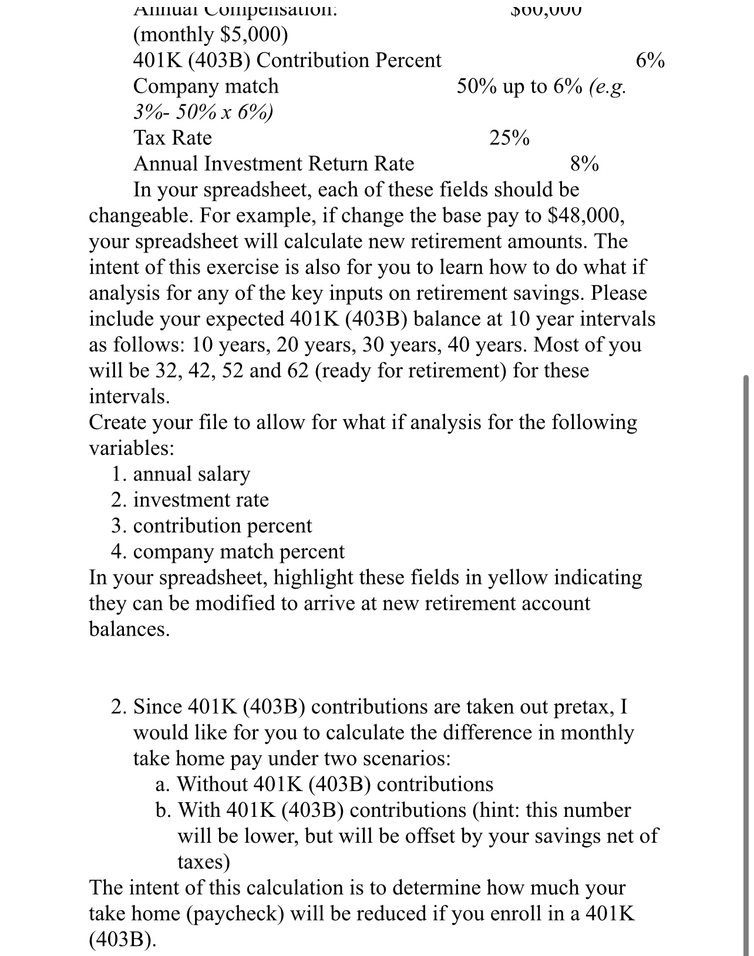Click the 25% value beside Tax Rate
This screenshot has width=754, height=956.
point(509,138)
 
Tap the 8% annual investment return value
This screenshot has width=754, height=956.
point(584,164)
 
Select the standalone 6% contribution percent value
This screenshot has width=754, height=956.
point(650,61)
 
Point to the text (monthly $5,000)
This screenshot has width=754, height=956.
point(211,35)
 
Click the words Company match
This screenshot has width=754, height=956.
point(206,87)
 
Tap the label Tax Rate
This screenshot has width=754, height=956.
point(173,138)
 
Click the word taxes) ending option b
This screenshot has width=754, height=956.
point(204,862)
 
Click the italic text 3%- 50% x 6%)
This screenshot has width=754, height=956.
point(203,113)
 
